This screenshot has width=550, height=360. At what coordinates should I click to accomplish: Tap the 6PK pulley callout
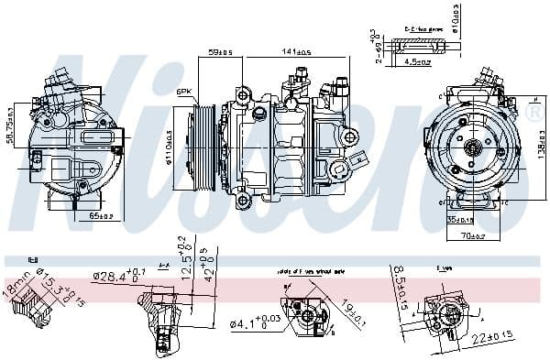184,92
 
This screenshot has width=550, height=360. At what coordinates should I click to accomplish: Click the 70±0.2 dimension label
474,237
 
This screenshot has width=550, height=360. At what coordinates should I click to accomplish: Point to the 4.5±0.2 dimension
419,63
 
